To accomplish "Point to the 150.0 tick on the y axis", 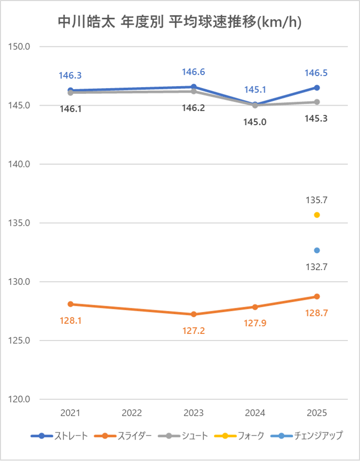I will click(21, 46).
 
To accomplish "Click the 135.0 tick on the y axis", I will click(21, 223).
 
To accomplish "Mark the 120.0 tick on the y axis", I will click(21, 399).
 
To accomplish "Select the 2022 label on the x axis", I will click(132, 413).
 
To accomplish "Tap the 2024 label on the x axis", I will click(255, 413).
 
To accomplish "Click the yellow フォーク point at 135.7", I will click(317, 215).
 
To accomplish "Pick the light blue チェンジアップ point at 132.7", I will click(317, 250).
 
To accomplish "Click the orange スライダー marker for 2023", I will click(194, 314).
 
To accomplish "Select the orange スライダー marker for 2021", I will click(70, 304).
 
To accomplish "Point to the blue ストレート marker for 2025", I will click(317, 88).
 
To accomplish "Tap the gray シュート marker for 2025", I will click(317, 102).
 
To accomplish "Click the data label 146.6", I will click(194, 72).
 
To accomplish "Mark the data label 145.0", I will click(255, 122).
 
